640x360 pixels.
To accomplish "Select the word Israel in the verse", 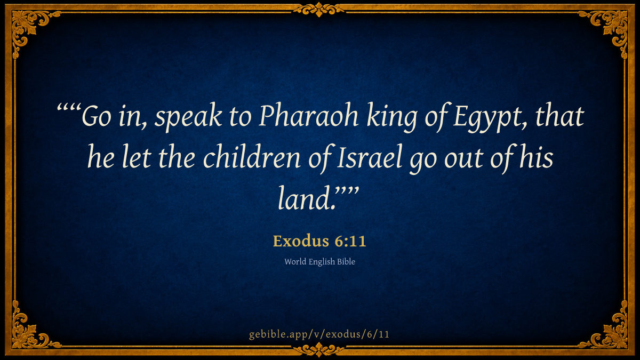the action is coord(370,158).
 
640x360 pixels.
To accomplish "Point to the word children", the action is coord(252,158).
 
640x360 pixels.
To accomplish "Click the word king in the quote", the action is coord(391,118).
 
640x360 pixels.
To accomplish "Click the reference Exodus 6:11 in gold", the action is coord(319,241).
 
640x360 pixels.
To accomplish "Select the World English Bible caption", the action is coord(319,262).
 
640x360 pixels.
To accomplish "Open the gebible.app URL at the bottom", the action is coord(319,334).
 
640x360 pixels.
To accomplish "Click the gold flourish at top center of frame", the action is coord(319,10).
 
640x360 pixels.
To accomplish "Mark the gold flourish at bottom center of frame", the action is coord(319,349).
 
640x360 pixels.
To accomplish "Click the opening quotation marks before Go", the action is coord(69,109).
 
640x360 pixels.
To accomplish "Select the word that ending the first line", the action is coord(559,116).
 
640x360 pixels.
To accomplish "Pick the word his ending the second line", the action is coord(537,157).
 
